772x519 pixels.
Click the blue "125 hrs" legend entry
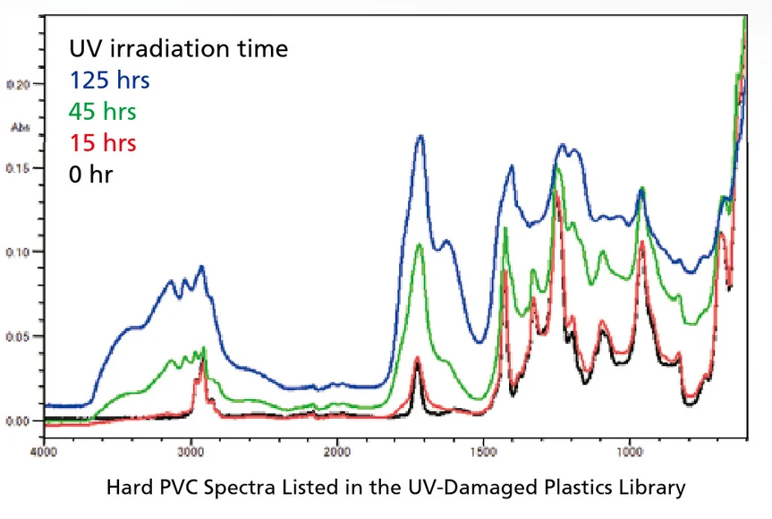click(109, 81)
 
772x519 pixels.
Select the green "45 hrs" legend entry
click(103, 112)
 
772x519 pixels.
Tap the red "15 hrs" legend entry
click(103, 143)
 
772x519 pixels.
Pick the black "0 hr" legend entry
click(91, 174)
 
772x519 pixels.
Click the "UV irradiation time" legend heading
click(179, 48)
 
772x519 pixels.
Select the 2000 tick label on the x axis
click(336, 451)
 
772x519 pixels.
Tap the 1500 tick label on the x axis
click(483, 451)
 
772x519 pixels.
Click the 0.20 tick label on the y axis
click(19, 84)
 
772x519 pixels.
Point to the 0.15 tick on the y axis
click(19, 168)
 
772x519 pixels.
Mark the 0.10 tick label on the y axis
click(19, 252)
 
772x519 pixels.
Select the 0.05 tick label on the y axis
click(19, 336)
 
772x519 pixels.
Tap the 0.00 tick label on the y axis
click(19, 421)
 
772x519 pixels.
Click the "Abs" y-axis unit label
click(17, 127)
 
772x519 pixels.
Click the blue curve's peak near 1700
click(420, 137)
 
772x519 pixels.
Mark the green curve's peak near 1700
click(420, 245)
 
